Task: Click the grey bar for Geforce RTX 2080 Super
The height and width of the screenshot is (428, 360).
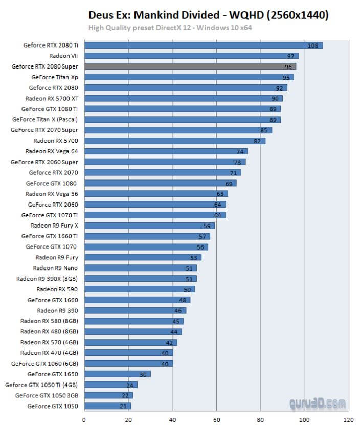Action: (190, 66)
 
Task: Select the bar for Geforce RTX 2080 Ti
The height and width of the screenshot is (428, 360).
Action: (203, 45)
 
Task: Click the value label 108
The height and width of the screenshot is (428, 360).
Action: (312, 46)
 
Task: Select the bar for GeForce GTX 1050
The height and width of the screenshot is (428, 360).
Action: (107, 406)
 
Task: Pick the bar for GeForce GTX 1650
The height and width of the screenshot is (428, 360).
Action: (117, 374)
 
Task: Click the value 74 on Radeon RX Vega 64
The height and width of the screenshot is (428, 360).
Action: (240, 151)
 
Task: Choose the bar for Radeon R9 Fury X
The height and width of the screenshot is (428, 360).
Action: (149, 226)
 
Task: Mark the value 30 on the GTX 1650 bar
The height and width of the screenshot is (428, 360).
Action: (143, 374)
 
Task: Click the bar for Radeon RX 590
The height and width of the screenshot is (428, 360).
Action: (139, 289)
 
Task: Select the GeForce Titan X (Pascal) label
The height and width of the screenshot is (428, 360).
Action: (46, 119)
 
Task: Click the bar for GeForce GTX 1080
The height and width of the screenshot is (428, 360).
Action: (160, 183)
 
